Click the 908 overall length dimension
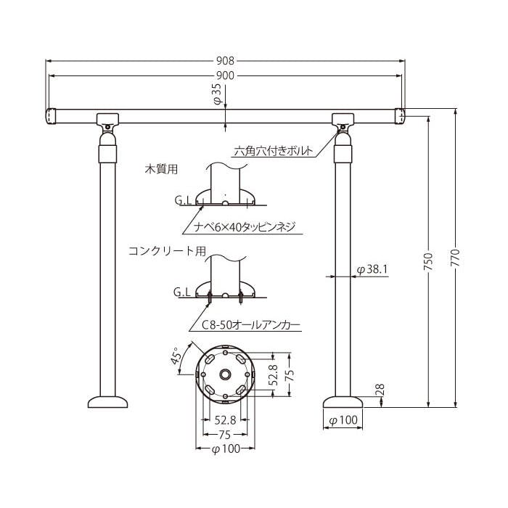(x=225, y=60)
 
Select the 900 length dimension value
(x=225, y=75)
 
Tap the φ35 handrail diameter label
(x=218, y=94)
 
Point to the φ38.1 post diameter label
(x=372, y=269)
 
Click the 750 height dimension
(x=428, y=262)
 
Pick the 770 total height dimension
(x=455, y=258)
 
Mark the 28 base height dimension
(x=380, y=389)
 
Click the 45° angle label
(x=176, y=356)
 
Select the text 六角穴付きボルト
(x=274, y=151)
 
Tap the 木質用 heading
(x=161, y=169)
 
